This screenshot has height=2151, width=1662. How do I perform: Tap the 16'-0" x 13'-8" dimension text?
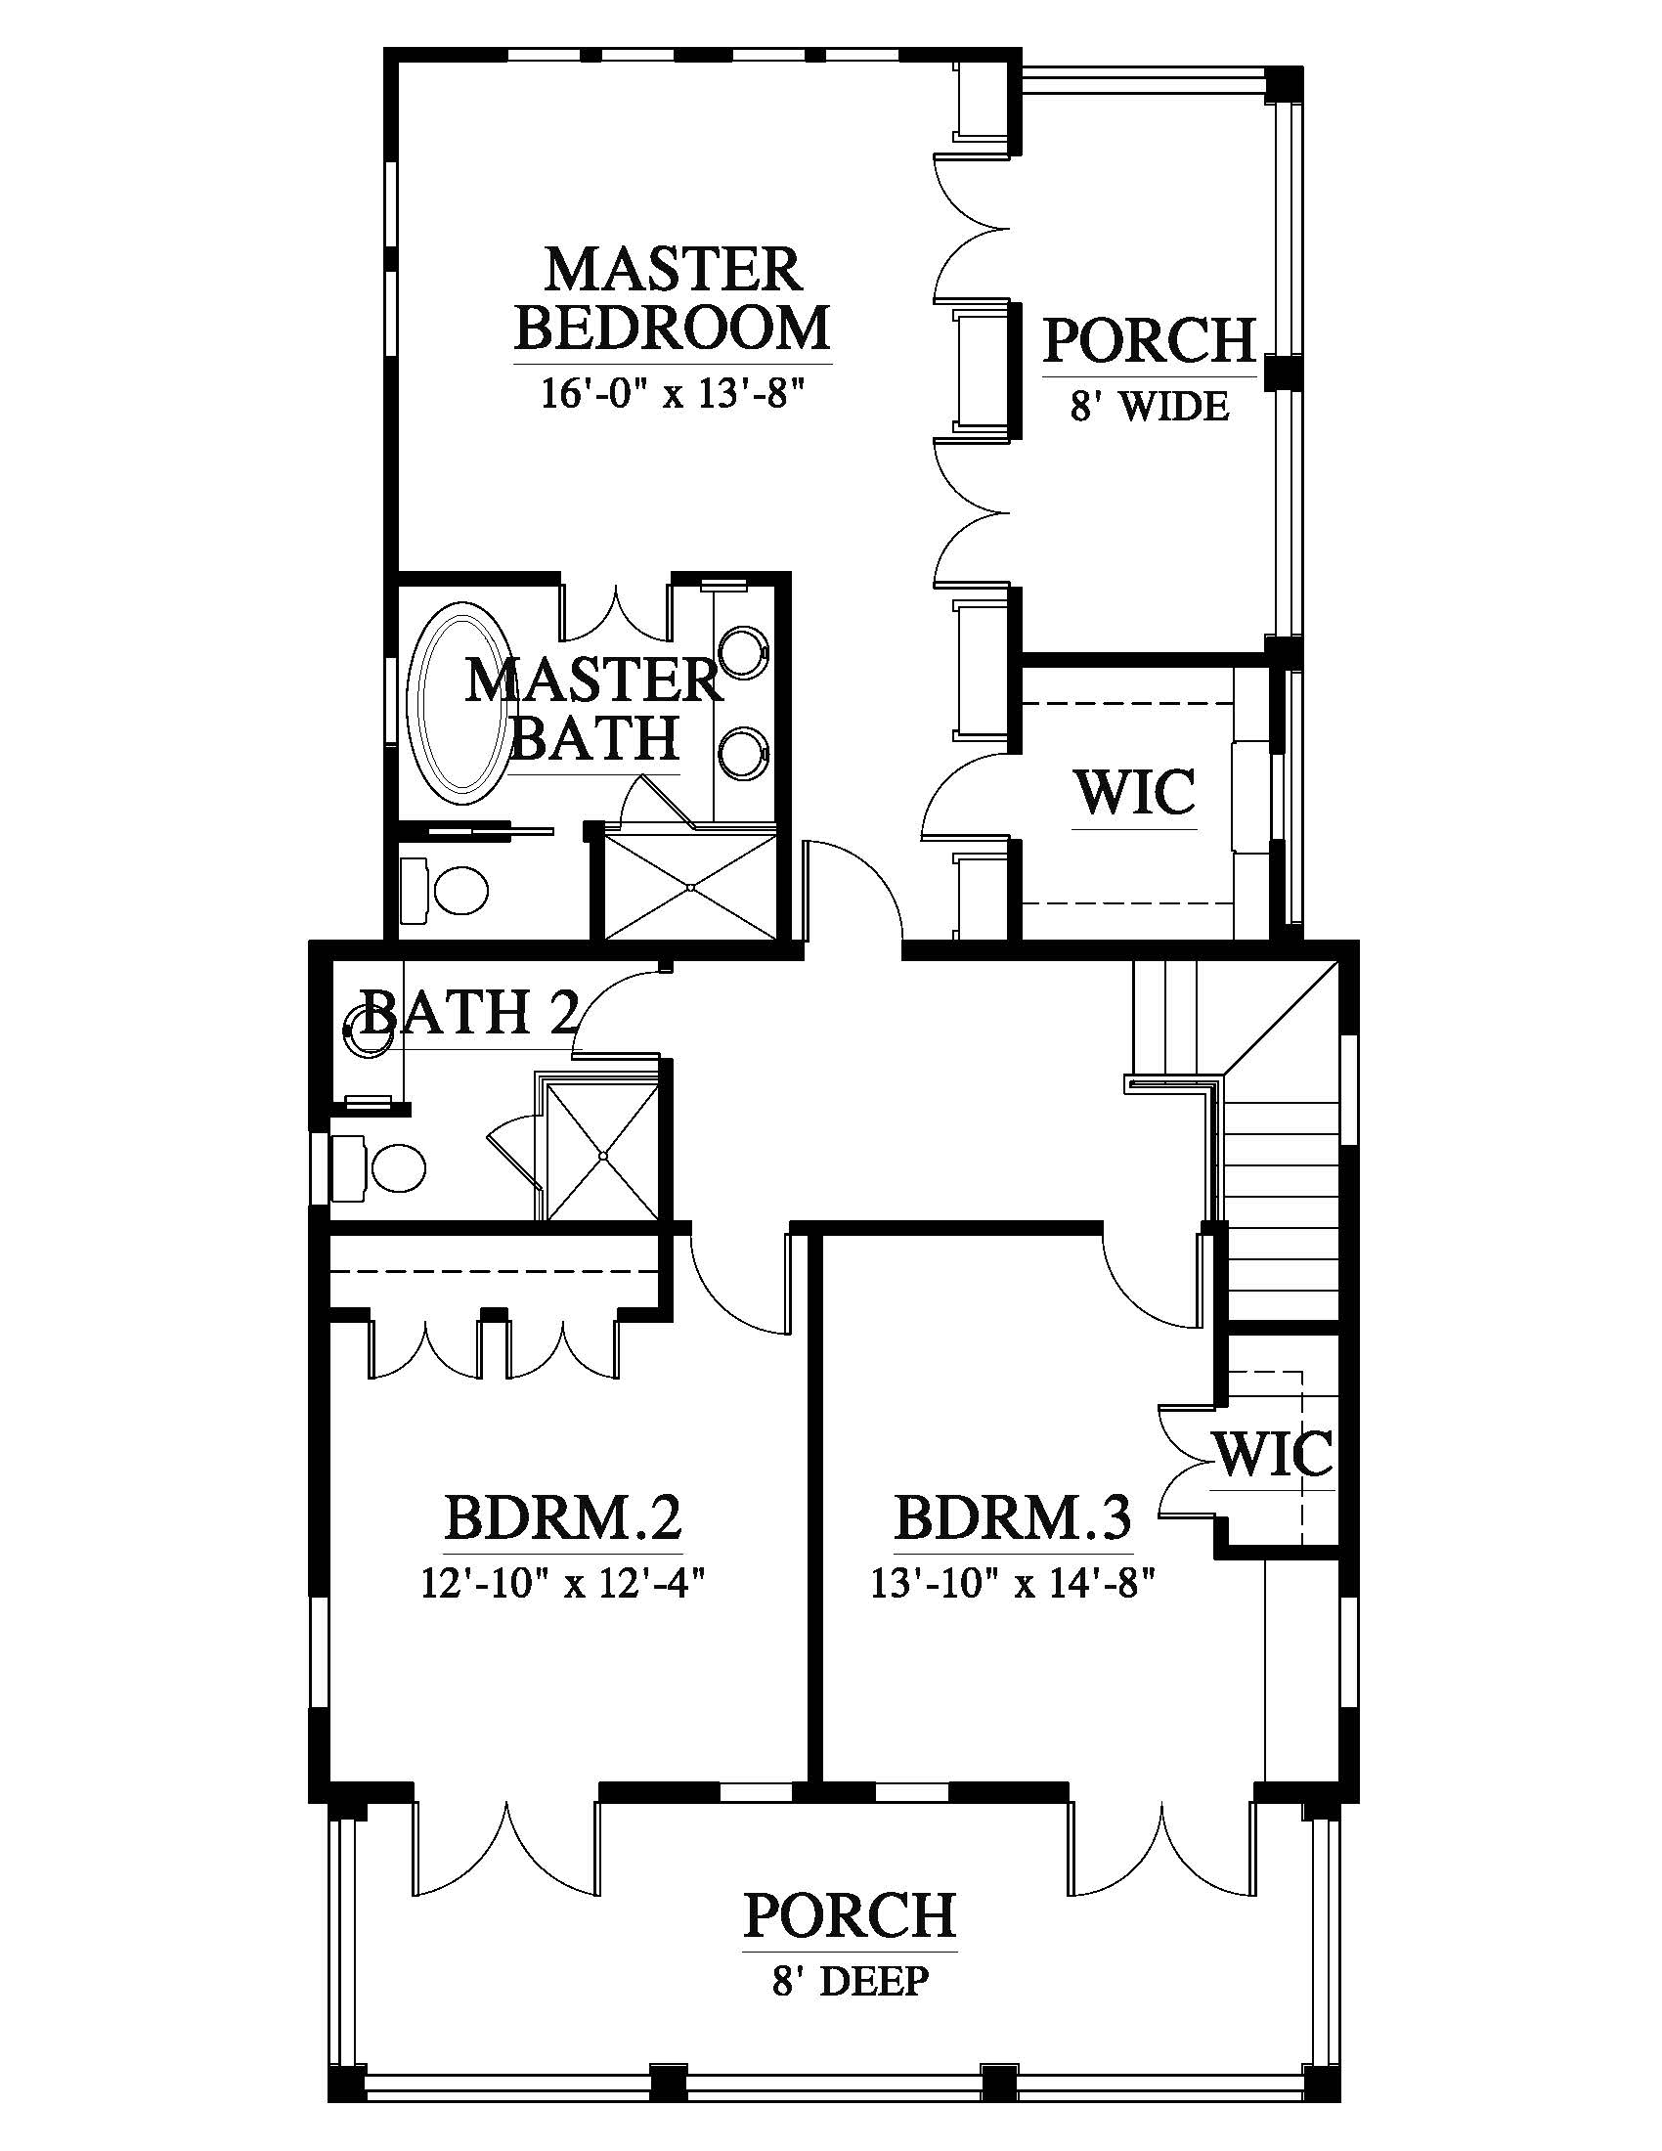tap(674, 394)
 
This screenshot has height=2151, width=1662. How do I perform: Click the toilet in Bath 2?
tap(380, 1168)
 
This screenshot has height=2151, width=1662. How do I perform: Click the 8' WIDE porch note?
tap(1150, 405)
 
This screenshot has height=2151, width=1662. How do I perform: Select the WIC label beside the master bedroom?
tap(1135, 792)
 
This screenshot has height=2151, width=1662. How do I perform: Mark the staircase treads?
tap(1280, 1211)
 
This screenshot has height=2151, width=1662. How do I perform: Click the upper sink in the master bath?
tap(745, 652)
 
